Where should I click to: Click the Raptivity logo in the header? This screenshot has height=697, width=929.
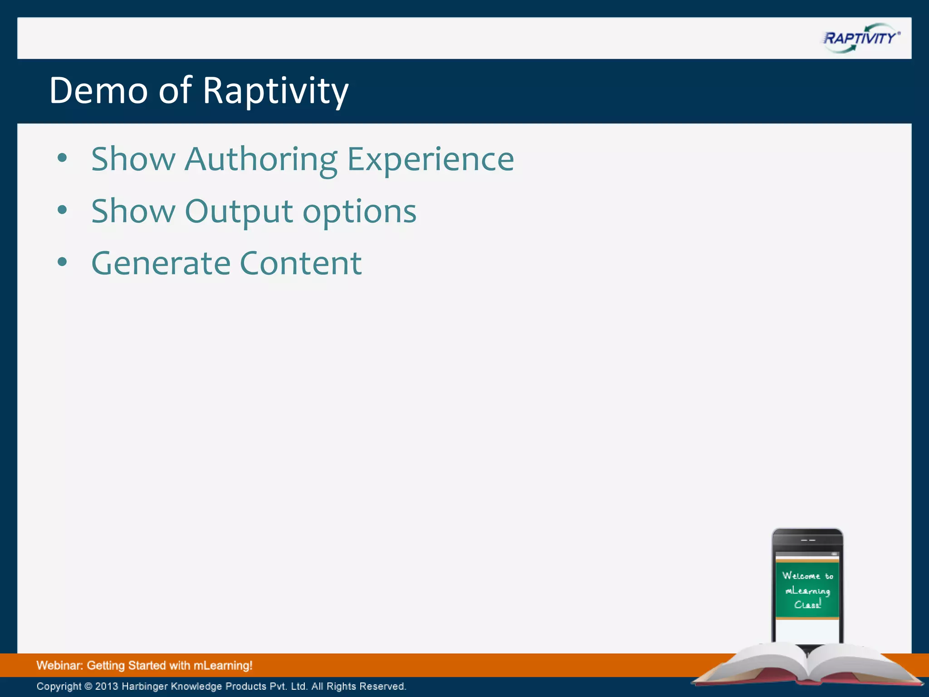861,38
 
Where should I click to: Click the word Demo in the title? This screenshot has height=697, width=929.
98,90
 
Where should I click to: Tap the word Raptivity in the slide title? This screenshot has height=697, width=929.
275,91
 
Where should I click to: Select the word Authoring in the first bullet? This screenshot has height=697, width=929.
261,160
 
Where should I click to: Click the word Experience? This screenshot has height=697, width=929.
430,160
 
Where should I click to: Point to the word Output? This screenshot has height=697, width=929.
239,211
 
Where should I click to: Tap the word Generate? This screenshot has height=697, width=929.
160,263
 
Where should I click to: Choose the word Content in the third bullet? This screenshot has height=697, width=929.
300,263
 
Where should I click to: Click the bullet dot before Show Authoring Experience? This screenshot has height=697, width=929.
63,158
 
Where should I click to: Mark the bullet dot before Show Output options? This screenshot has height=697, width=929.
63,210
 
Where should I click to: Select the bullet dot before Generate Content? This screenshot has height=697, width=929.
63,262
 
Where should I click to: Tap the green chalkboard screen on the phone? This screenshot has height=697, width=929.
807,590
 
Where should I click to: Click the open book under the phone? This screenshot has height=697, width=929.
807,665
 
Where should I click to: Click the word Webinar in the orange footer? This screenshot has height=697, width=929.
59,666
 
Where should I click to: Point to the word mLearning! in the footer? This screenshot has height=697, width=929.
223,666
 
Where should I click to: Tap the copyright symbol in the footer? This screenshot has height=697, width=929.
88,686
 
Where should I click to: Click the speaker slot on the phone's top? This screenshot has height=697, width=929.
808,540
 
